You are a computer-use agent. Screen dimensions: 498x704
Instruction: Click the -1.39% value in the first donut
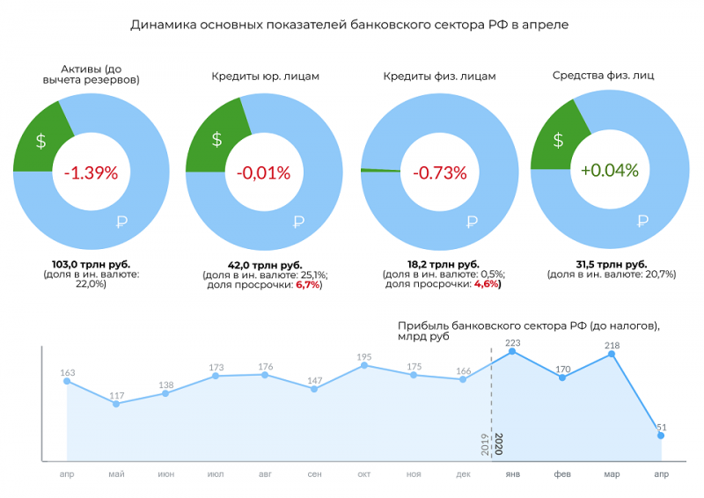click(91, 172)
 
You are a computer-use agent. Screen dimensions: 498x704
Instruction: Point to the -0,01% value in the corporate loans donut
click(263, 172)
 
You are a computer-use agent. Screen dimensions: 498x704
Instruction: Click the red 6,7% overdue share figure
click(307, 284)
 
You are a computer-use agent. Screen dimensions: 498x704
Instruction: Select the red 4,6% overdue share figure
click(487, 284)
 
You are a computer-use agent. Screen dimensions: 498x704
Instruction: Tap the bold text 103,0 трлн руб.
click(91, 264)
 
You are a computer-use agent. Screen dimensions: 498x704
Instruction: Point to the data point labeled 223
click(513, 352)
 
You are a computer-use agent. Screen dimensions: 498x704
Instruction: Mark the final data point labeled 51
click(661, 435)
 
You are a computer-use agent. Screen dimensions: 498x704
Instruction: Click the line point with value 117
click(116, 403)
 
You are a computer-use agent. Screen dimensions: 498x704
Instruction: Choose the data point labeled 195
click(363, 364)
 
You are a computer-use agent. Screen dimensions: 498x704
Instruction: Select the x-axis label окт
click(363, 474)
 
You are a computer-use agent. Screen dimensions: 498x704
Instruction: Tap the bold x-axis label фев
click(562, 474)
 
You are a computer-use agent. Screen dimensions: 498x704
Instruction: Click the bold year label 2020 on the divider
click(498, 443)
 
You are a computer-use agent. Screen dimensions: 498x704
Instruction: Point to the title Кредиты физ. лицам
click(439, 77)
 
